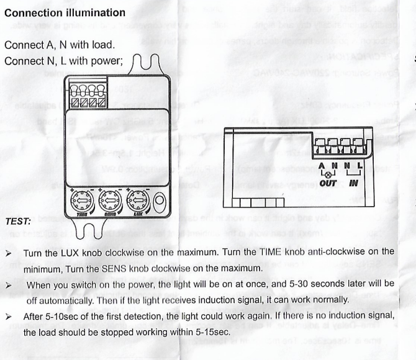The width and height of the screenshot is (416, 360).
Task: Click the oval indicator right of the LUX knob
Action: click(160, 201)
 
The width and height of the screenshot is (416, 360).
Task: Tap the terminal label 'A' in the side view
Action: click(321, 166)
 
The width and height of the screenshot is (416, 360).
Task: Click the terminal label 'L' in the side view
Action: click(360, 166)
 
